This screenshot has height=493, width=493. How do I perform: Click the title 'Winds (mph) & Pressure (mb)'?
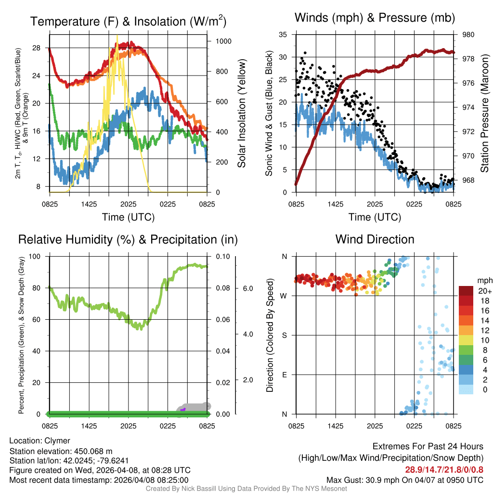(x=375, y=18)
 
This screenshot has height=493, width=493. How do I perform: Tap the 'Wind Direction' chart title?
(x=375, y=239)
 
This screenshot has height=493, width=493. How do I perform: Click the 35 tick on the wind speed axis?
(x=283, y=35)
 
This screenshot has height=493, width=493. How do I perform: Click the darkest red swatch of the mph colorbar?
(x=466, y=291)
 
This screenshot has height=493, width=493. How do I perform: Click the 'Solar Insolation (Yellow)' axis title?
(x=241, y=114)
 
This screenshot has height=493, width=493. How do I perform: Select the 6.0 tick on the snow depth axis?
(x=247, y=288)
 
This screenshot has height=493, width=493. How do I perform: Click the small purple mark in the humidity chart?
(x=183, y=409)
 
